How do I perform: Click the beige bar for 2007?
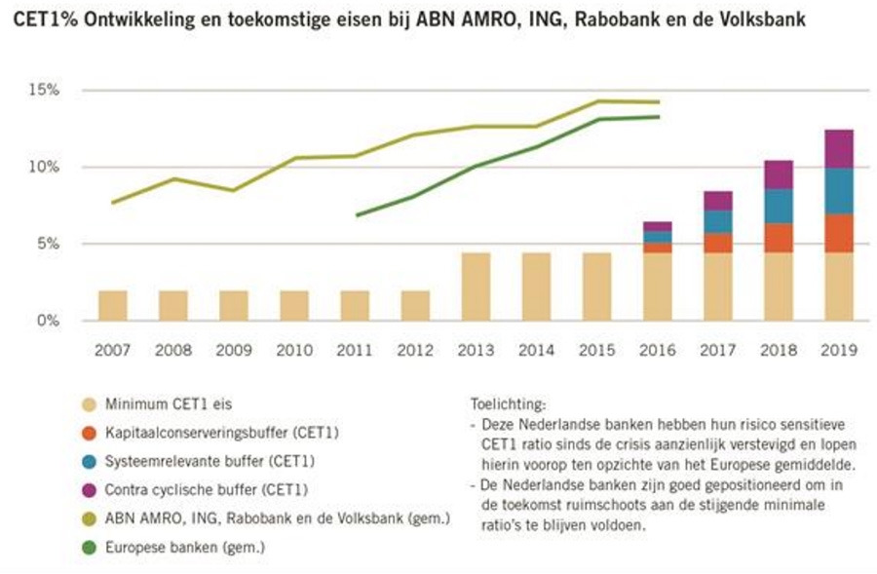[112, 305]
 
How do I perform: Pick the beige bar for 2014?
[535, 287]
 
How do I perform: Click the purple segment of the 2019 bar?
[838, 148]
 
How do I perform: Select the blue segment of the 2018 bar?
[778, 206]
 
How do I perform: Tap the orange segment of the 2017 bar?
[717, 243]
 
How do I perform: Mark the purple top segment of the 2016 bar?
[657, 226]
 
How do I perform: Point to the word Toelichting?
[507, 402]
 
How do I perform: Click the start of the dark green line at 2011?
[359, 214]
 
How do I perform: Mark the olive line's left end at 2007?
[113, 202]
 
